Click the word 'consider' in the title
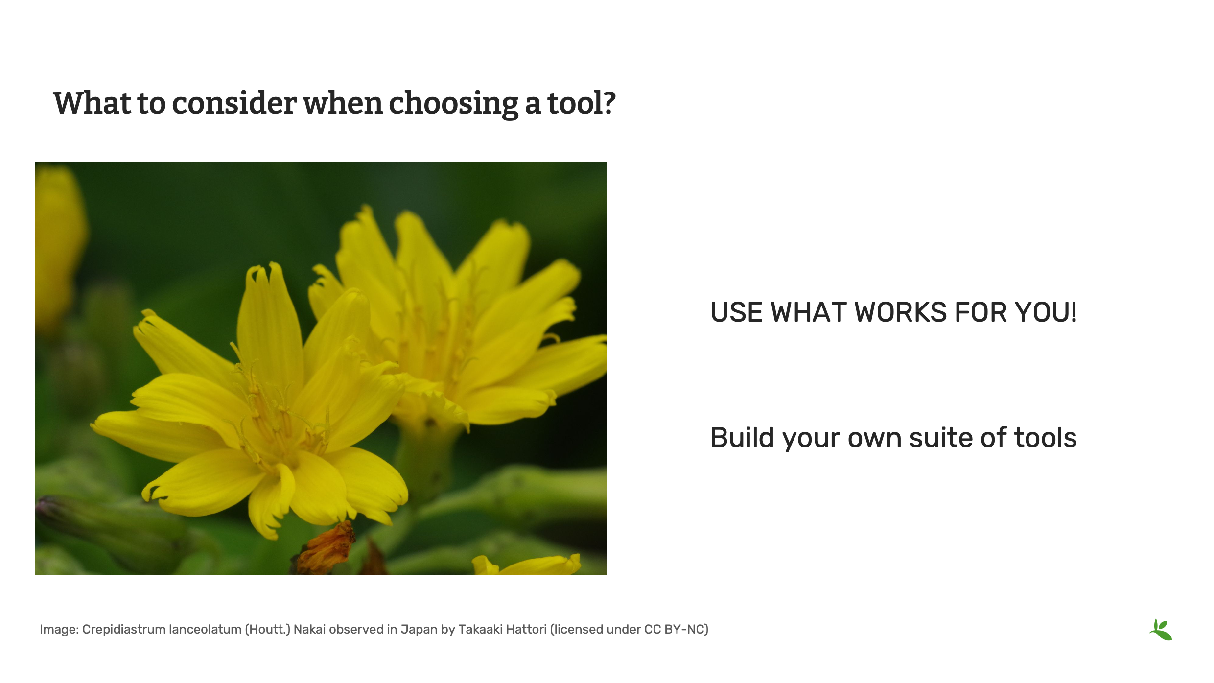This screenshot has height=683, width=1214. click(234, 104)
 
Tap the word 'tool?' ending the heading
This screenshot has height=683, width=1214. click(581, 104)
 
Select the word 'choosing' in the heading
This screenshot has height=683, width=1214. click(453, 104)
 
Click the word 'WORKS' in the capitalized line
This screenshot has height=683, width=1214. click(900, 312)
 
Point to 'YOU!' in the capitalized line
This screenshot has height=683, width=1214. click(1046, 312)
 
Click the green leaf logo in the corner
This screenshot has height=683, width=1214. click(1161, 630)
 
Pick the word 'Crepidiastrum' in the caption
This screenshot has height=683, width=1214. click(123, 629)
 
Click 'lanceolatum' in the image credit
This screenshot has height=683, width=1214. click(205, 629)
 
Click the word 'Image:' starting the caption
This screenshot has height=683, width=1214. click(59, 629)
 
